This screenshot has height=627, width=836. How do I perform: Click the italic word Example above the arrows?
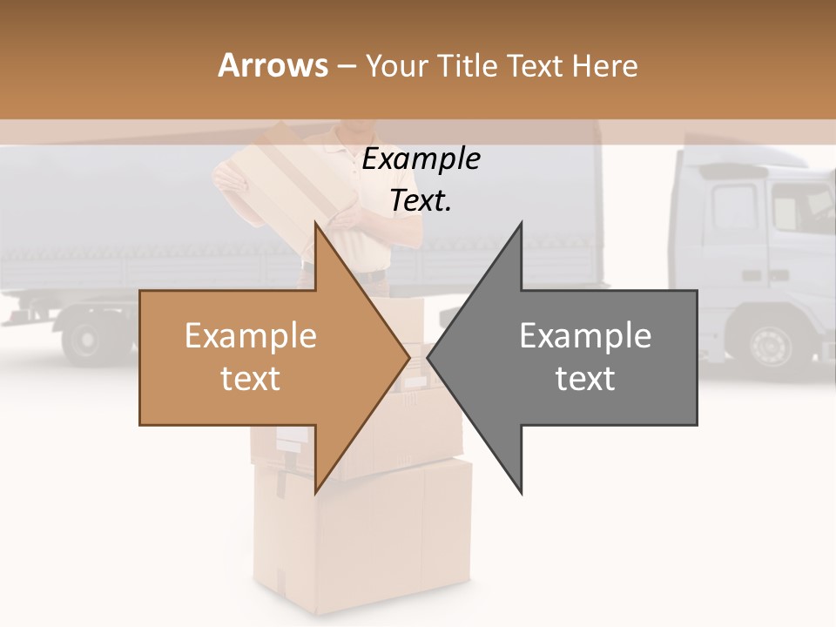pos(421,159)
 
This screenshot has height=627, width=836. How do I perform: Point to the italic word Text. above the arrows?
pos(421,201)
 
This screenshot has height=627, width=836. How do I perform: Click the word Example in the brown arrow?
pos(251,336)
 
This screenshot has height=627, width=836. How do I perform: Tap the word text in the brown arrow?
pos(251,379)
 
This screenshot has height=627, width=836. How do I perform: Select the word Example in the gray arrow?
pos(585,336)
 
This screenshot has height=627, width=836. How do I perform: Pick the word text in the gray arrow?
pos(585,379)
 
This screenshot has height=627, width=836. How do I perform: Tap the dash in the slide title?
pos(346,66)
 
